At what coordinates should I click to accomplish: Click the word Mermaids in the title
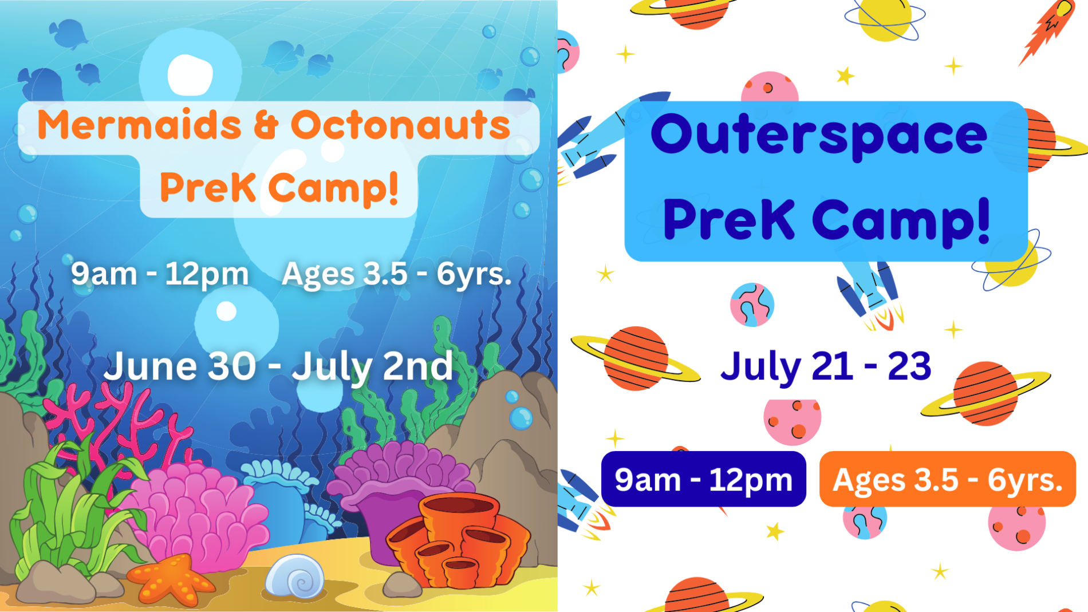pos(139,125)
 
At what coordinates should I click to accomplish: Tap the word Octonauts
pos(400,125)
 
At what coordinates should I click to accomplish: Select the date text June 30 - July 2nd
pos(278,366)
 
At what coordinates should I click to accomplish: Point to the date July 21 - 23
pos(826,366)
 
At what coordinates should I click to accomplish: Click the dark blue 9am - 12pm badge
pos(704,479)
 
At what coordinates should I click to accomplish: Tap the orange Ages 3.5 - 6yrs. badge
pos(948,479)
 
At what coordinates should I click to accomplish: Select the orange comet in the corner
pos(1046,29)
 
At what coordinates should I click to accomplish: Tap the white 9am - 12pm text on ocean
pos(160,274)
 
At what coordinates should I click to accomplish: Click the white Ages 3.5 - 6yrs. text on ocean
pos(396,274)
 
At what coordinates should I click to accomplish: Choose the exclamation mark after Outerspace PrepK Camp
pos(984,220)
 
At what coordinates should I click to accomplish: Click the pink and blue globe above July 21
pos(752,305)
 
